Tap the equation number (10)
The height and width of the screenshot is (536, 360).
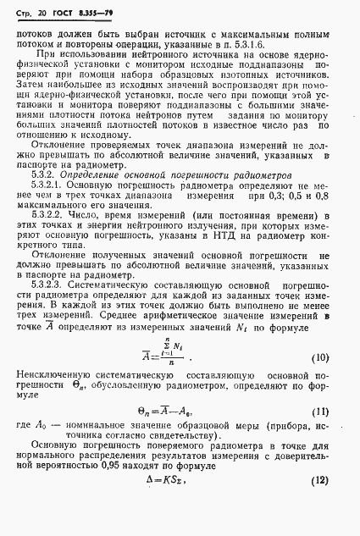[x=333, y=357]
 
